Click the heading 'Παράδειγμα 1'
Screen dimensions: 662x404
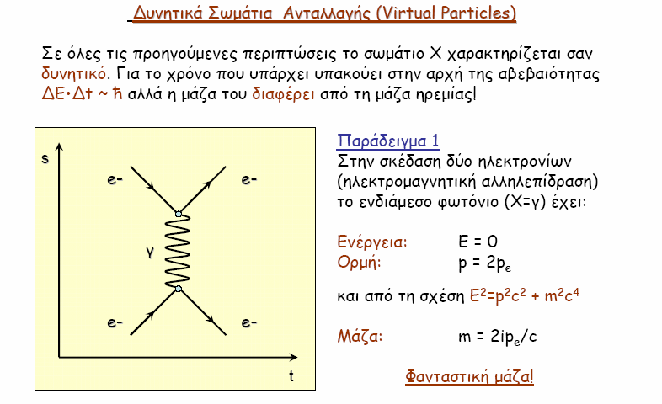coord(388,141)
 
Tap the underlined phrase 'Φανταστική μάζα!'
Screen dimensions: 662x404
coord(469,376)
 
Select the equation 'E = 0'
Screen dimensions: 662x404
coord(478,242)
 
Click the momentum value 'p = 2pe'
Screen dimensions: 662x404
coord(484,263)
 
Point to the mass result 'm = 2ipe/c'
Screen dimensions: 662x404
coord(498,337)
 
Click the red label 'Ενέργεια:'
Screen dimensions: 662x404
coord(372,242)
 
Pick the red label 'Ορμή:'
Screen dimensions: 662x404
coord(360,263)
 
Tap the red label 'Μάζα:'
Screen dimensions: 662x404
coord(360,337)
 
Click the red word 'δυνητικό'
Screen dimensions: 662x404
coord(73,74)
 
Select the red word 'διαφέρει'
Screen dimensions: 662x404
coord(283,93)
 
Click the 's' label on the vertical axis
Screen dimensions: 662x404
coord(45,158)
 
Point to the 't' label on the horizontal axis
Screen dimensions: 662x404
coord(291,375)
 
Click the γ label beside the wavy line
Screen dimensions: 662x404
coord(150,252)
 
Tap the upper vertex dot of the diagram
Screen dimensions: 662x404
coord(179,215)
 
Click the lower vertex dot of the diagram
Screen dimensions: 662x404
coord(179,289)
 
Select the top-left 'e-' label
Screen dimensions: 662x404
coord(115,179)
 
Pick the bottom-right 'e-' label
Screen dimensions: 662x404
coord(249,322)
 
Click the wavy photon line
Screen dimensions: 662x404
coord(178,252)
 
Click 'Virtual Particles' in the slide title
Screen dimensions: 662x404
coord(446,13)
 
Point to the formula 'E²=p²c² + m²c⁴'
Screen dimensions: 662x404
coord(525,295)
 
